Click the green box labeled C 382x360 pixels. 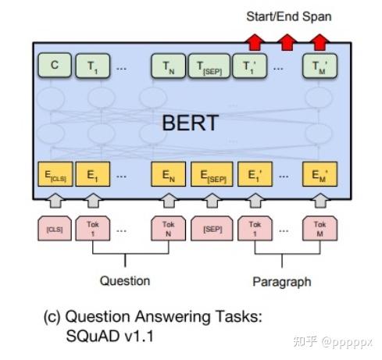[x=54, y=66]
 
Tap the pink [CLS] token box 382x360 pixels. [x=54, y=230]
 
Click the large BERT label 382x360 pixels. [x=189, y=123]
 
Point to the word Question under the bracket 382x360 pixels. [x=125, y=280]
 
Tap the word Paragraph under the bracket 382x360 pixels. [x=281, y=281]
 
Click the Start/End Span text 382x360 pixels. [x=288, y=16]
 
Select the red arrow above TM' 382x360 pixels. [x=318, y=40]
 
